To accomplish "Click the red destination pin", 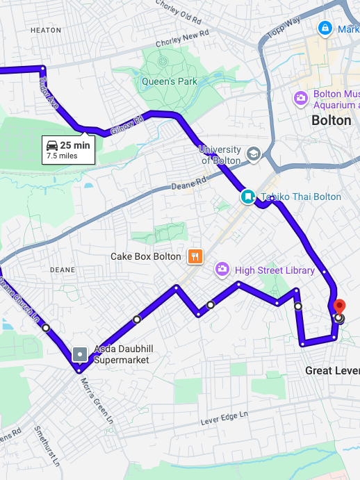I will coord(339,306).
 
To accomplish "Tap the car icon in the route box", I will coord(52,145).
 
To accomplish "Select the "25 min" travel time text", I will coord(75,145).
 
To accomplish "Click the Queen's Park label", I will coord(169,81).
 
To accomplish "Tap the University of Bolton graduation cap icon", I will coord(254,153).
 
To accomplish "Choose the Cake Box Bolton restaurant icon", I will coord(195,256).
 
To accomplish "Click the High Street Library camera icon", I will coord(222,268).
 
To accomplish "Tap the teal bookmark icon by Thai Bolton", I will coord(247,197).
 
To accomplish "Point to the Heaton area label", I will coord(46,31).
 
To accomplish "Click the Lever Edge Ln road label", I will coord(224,417).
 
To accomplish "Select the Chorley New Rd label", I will coord(183,38).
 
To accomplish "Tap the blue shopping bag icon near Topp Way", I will coord(324,28).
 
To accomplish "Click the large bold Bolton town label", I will coord(332,120).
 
